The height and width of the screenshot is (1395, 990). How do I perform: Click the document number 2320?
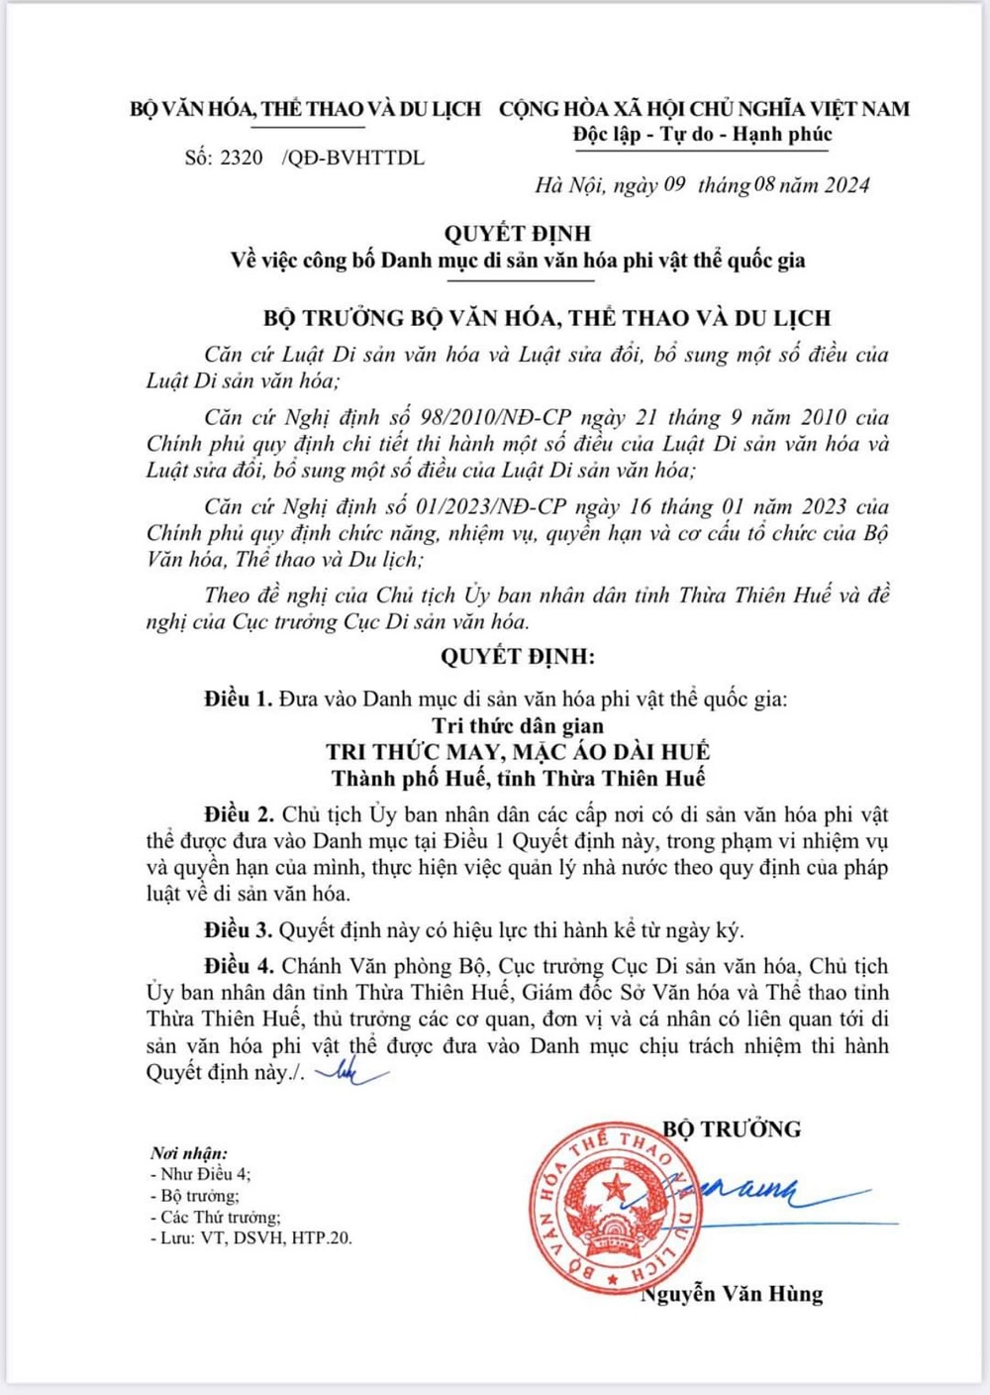[x=242, y=158]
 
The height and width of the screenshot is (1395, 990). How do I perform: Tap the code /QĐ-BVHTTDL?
[x=353, y=158]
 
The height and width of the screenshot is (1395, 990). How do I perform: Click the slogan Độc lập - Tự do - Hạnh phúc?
[x=702, y=134]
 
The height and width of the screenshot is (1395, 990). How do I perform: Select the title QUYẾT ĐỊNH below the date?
[x=517, y=234]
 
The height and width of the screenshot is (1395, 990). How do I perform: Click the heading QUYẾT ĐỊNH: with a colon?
[x=517, y=656]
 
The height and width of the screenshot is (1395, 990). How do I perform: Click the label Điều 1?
[x=238, y=698]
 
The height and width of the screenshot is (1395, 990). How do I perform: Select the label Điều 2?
[x=239, y=814]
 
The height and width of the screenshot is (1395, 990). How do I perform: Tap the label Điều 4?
[x=239, y=966]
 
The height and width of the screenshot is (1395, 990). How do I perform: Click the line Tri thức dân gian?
[x=517, y=725]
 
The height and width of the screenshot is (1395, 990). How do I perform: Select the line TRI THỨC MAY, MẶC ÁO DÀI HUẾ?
[x=517, y=752]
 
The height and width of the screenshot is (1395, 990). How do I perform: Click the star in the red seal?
[x=617, y=1185]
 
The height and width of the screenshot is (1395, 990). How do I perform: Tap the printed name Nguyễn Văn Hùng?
[x=734, y=1294]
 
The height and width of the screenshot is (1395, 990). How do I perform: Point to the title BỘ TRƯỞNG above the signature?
[x=732, y=1128]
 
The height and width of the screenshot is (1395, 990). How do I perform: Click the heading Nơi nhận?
[x=189, y=1153]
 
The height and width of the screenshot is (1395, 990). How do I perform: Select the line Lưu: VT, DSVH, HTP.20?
[x=251, y=1237]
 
